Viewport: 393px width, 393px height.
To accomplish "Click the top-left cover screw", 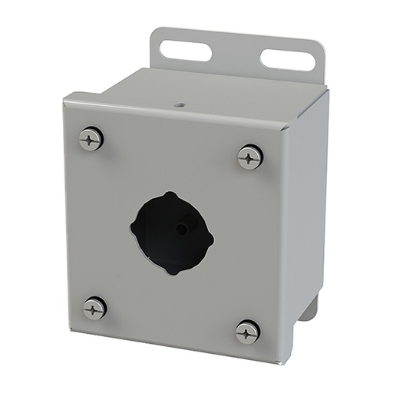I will (91, 139).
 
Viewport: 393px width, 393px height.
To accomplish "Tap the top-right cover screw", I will (250, 157).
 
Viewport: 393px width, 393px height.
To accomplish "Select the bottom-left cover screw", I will (94, 308).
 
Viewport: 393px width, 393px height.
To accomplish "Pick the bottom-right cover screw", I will (247, 332).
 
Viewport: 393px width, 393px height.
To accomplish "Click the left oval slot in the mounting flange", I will (185, 51).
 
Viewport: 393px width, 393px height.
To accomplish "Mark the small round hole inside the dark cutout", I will (183, 228).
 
